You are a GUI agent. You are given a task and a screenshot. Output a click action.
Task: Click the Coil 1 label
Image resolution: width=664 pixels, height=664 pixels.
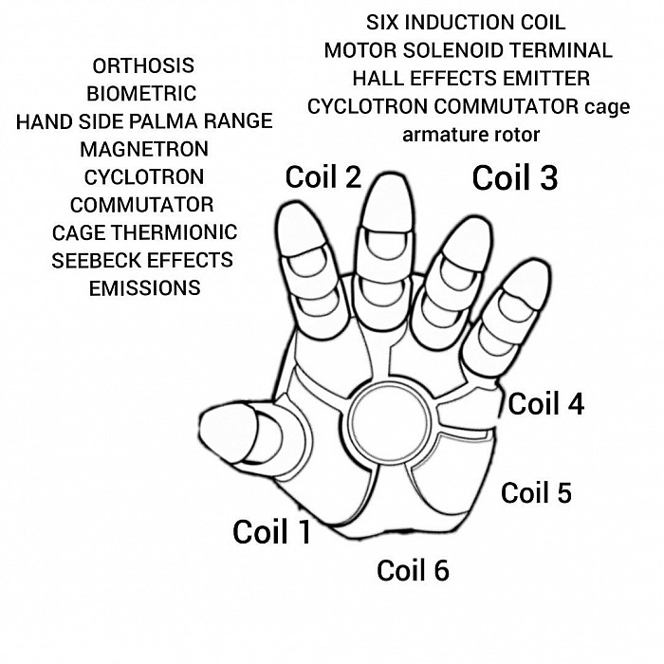click(x=272, y=532)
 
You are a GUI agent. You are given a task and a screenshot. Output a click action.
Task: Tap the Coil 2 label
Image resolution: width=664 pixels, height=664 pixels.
click(x=323, y=176)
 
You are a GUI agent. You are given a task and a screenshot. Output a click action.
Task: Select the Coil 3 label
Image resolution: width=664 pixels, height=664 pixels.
click(x=515, y=177)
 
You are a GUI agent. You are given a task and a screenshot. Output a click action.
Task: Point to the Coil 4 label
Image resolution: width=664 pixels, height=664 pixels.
click(x=546, y=403)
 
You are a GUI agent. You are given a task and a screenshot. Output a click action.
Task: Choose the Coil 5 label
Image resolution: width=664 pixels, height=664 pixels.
click(x=536, y=492)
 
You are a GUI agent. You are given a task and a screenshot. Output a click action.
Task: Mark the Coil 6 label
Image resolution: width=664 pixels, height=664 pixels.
click(x=413, y=570)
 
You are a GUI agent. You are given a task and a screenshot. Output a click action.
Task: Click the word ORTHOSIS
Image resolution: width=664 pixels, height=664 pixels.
click(x=143, y=65)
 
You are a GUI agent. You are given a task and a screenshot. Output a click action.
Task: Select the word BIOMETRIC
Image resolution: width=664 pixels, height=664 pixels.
click(x=141, y=94)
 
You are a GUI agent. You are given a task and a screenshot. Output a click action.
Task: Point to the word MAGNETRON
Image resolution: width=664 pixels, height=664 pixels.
click(x=144, y=149)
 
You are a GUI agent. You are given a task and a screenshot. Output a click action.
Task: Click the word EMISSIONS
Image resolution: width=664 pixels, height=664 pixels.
click(x=145, y=288)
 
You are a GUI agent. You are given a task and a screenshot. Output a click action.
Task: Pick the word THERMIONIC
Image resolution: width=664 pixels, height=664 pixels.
click(x=175, y=232)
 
